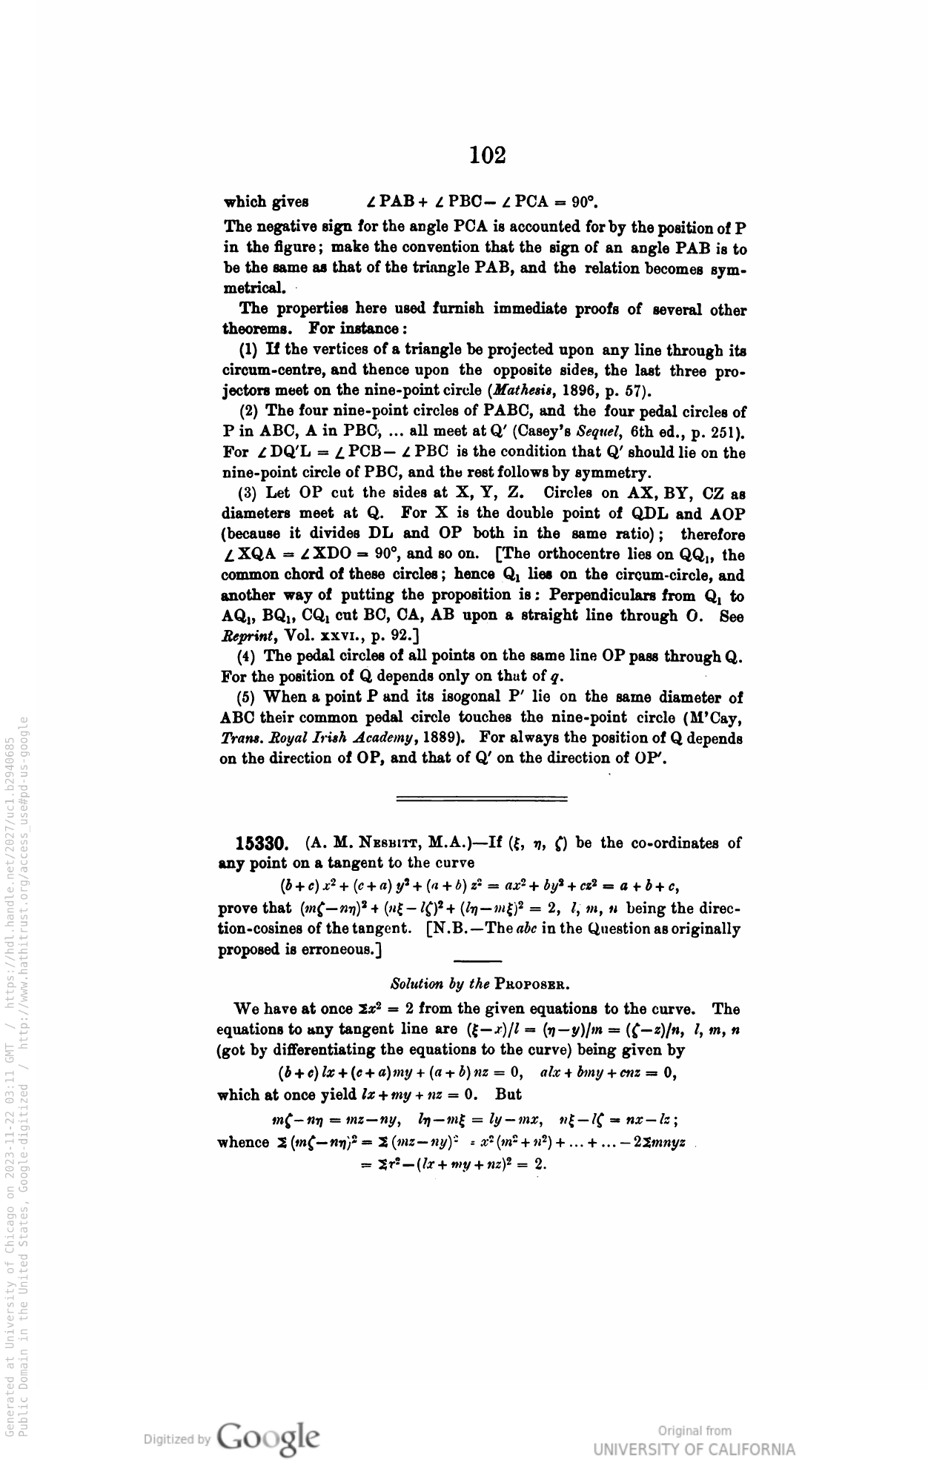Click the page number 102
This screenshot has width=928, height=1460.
click(488, 155)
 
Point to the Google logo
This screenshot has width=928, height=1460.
click(270, 1434)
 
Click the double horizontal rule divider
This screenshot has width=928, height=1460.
click(482, 799)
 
